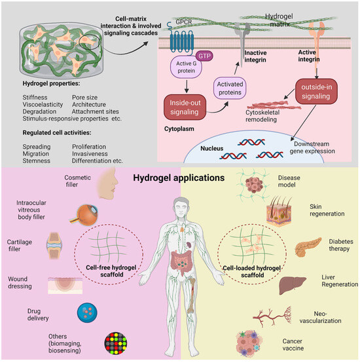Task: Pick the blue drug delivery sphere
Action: [88, 311]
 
